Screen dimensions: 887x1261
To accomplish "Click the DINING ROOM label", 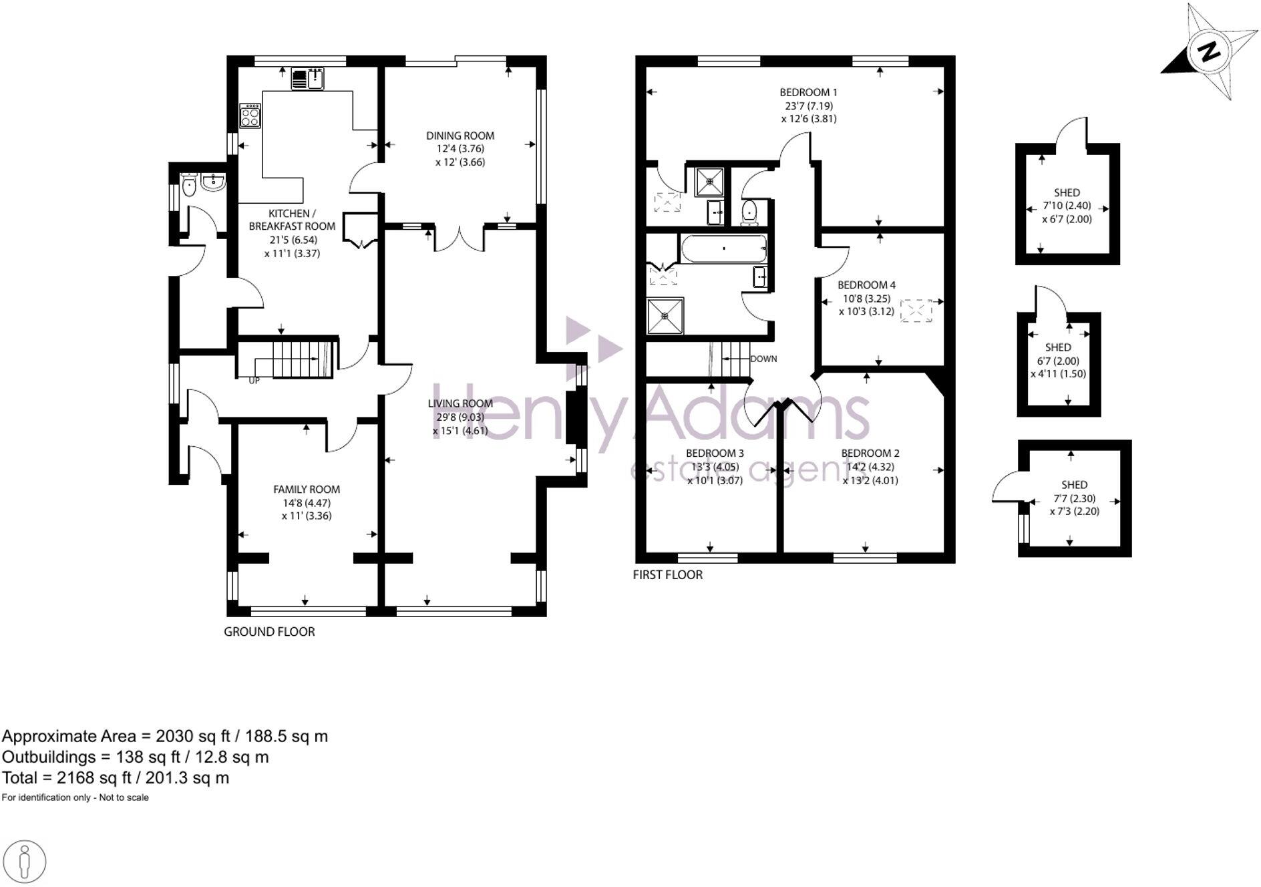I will click(460, 136).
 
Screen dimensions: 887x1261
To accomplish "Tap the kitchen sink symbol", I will click(307, 79).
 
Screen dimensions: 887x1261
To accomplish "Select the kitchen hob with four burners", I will click(250, 116).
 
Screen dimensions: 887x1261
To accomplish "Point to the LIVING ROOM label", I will click(460, 403).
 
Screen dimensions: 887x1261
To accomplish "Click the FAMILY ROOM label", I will click(307, 490).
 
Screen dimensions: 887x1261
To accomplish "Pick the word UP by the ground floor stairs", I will click(254, 381).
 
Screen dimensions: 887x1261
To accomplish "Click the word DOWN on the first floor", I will click(763, 359).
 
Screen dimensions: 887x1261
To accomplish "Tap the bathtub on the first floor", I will click(723, 248).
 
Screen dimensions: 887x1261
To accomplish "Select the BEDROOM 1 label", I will click(808, 92).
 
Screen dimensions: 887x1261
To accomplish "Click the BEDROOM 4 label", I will click(866, 285).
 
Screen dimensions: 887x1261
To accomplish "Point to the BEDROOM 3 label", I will click(715, 454).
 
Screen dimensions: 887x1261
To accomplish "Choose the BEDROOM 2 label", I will click(870, 454).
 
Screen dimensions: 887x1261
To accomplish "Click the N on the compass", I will click(1209, 52).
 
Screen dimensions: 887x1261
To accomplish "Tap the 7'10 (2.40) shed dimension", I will click(1067, 206).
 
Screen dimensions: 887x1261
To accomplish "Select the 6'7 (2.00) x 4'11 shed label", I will click(1058, 361).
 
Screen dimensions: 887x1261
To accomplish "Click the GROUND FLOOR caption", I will click(269, 632).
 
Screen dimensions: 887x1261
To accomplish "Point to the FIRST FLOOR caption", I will click(667, 574).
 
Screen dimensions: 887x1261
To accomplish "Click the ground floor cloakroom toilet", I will click(189, 186).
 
